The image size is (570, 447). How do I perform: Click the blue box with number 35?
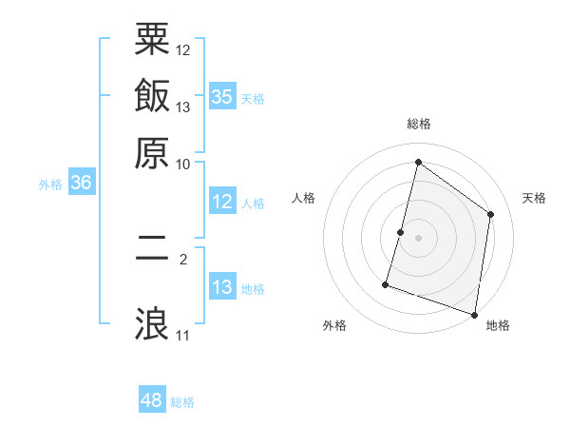coord(222,97)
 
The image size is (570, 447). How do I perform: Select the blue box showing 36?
coord(81,184)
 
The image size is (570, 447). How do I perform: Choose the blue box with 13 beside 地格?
coord(222,288)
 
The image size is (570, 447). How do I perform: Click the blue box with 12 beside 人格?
coord(222,202)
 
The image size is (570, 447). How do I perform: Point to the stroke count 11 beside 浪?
coord(182,336)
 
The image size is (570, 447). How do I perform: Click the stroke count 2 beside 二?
coord(183,258)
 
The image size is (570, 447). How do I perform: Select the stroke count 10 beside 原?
coord(183,165)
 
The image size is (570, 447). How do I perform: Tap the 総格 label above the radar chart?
coord(419,124)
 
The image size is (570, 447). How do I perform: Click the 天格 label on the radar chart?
coord(535,198)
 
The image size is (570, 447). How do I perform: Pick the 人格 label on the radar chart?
coord(304,198)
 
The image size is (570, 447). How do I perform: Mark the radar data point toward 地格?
coord(474,314)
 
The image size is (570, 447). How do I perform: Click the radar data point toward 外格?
coord(386,283)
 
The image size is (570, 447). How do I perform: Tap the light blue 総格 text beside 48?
coord(182,402)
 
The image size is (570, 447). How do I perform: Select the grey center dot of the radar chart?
coord(418,238)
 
